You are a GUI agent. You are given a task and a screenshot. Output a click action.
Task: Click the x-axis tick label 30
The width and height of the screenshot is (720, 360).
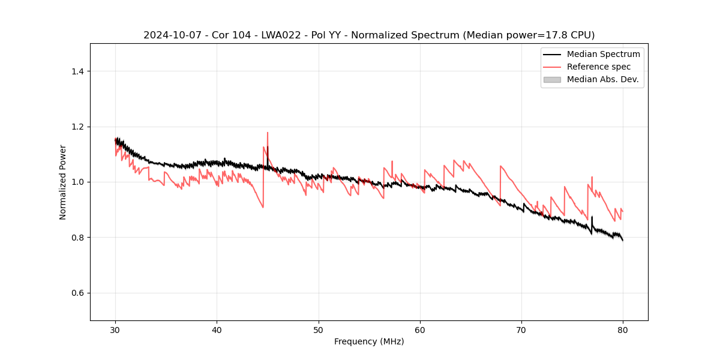[115, 330]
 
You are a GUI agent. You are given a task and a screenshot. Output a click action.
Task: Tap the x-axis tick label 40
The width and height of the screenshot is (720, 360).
[217, 330]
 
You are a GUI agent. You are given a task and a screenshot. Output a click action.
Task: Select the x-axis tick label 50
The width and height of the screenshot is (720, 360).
[319, 330]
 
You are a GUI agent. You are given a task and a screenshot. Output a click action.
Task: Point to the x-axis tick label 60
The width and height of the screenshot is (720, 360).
[420, 330]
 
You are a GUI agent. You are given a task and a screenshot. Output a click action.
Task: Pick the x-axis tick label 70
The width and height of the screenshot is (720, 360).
[521, 330]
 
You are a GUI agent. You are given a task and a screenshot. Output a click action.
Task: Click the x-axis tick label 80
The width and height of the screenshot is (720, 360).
[623, 330]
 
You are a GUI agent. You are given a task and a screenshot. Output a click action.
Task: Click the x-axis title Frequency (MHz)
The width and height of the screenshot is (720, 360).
[369, 341]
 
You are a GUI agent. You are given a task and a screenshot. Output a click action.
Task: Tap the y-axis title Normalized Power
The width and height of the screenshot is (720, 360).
[63, 182]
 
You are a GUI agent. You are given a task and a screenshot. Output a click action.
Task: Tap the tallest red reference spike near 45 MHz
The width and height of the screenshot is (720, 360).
[268, 133]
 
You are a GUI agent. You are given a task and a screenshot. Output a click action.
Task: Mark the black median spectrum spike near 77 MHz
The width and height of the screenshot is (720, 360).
[592, 217]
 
